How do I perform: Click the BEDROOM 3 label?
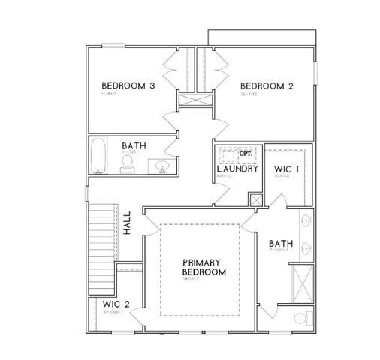[x=128, y=86]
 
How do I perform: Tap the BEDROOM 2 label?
[x=267, y=86]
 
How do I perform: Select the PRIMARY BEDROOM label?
[x=204, y=268]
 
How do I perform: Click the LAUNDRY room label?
[x=237, y=169]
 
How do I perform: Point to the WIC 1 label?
[x=287, y=169]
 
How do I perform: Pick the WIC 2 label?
[x=116, y=304]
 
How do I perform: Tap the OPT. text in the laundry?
[x=246, y=153]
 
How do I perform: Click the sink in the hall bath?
[x=162, y=165]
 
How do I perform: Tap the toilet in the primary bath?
[x=300, y=317]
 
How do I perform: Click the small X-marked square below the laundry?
[x=256, y=200]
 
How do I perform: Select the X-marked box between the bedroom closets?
[x=193, y=98]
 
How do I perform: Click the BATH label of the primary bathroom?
[x=281, y=244]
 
